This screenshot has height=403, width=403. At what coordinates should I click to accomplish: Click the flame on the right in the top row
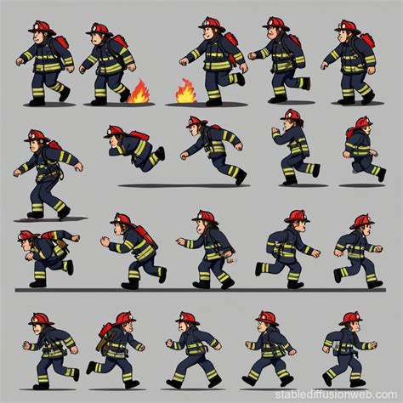185,91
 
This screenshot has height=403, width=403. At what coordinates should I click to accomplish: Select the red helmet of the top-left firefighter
40,27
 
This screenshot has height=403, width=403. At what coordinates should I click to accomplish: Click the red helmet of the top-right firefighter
345,26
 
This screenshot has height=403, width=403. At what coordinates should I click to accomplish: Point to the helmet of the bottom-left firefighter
39,319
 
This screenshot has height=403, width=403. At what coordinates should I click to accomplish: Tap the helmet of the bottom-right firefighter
350,318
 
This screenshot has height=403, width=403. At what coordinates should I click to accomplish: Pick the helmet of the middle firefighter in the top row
209,24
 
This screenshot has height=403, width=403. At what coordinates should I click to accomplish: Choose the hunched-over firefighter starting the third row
47,254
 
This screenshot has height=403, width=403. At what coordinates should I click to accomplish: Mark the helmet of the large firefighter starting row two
35,135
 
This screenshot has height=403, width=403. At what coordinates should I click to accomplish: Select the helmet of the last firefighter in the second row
362,122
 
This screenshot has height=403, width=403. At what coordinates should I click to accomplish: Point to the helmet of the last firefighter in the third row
362,221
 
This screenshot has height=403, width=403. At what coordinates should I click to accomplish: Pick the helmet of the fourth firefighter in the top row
274,23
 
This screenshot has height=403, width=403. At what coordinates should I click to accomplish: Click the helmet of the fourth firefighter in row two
291,115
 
